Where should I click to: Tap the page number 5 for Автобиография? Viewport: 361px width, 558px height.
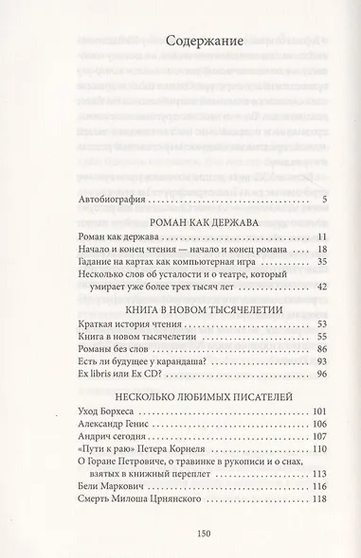(x=324, y=200)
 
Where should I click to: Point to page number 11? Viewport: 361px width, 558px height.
(x=319, y=245)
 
